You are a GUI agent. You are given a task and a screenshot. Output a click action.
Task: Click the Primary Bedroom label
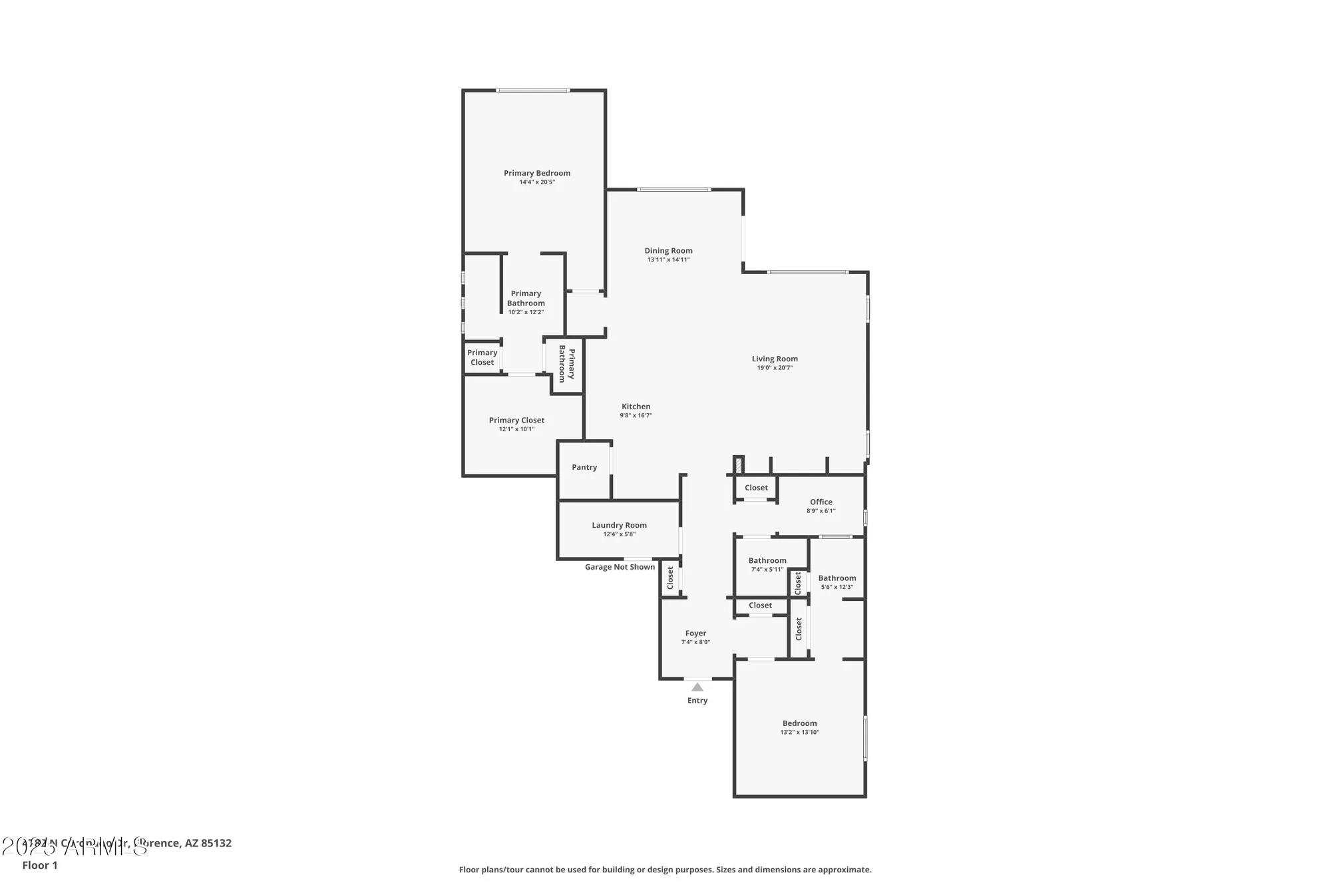click(x=536, y=173)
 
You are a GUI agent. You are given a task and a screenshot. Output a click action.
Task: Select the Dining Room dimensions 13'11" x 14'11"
click(x=668, y=260)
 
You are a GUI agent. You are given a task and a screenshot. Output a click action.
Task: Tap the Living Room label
click(x=775, y=359)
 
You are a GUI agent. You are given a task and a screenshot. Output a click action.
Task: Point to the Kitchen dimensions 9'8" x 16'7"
click(x=636, y=415)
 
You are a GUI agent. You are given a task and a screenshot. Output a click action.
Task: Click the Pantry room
click(x=584, y=467)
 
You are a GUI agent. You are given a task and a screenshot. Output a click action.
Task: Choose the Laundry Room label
click(x=619, y=525)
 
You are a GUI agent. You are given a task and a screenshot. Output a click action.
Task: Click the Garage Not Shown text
click(x=620, y=567)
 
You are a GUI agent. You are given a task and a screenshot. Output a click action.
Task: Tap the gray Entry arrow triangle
click(x=697, y=687)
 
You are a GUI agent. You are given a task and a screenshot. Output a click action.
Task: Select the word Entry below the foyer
click(x=697, y=701)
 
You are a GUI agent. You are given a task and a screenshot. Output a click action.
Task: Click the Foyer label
click(x=695, y=633)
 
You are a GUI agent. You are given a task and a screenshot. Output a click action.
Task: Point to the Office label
click(x=821, y=502)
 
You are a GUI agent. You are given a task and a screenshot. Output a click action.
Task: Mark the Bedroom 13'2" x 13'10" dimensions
click(x=799, y=732)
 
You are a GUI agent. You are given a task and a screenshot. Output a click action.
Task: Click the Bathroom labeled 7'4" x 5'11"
click(x=767, y=561)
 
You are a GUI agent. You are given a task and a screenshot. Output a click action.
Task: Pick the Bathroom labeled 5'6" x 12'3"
click(x=837, y=578)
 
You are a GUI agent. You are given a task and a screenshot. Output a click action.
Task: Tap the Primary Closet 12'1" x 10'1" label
click(x=516, y=421)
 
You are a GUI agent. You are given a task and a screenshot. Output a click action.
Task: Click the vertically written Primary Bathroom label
click(x=566, y=364)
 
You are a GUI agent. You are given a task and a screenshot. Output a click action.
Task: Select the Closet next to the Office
click(x=756, y=488)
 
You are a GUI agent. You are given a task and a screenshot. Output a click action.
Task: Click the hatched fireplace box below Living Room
click(x=738, y=464)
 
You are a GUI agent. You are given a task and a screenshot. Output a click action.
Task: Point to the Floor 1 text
click(x=40, y=865)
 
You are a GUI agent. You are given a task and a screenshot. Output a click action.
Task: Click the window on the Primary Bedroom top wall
click(x=532, y=90)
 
